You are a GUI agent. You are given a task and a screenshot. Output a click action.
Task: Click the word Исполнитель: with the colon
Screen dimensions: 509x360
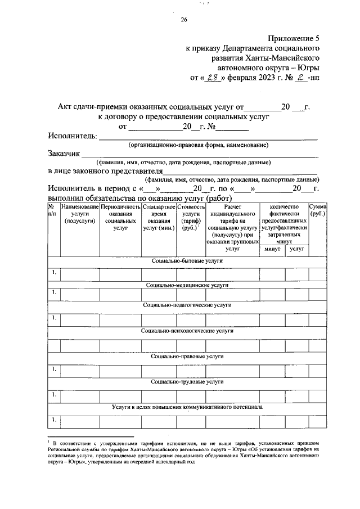point(73,136)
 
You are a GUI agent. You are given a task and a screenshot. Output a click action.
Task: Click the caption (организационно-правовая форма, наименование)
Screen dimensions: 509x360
point(198,145)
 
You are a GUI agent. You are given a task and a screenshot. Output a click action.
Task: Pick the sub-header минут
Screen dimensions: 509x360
point(272,248)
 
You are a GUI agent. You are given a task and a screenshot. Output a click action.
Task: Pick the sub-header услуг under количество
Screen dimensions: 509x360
point(296,248)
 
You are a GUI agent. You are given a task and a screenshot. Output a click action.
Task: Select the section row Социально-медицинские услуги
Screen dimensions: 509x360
point(187,286)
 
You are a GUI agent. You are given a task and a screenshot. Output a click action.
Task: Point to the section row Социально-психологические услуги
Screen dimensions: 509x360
point(187,331)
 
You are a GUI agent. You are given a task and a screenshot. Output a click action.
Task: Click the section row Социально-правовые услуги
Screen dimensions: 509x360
point(187,356)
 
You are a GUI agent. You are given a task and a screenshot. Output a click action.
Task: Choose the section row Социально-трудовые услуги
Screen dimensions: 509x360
point(187,381)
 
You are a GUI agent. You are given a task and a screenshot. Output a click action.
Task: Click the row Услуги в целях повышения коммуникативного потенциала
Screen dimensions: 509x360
point(187,406)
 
